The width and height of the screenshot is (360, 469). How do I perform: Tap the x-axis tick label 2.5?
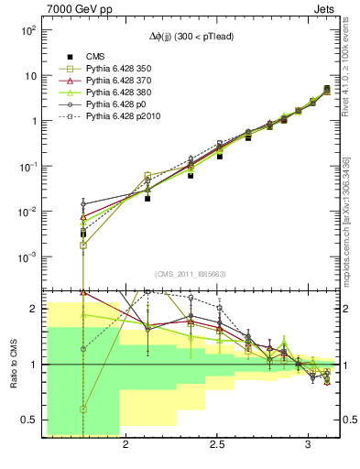pos(217,445)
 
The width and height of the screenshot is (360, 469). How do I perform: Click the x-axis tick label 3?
pos(310,445)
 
